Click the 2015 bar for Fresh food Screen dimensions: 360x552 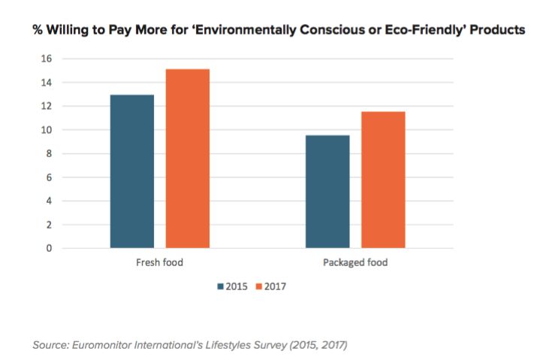tap(131, 171)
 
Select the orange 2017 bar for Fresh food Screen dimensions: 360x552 tap(187, 159)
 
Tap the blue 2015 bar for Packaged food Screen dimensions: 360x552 tap(327, 192)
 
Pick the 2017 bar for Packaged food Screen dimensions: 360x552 tap(383, 180)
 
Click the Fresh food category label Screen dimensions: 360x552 tap(159, 263)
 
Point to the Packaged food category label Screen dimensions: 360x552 tap(355, 263)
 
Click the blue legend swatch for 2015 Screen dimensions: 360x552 tap(221, 286)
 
